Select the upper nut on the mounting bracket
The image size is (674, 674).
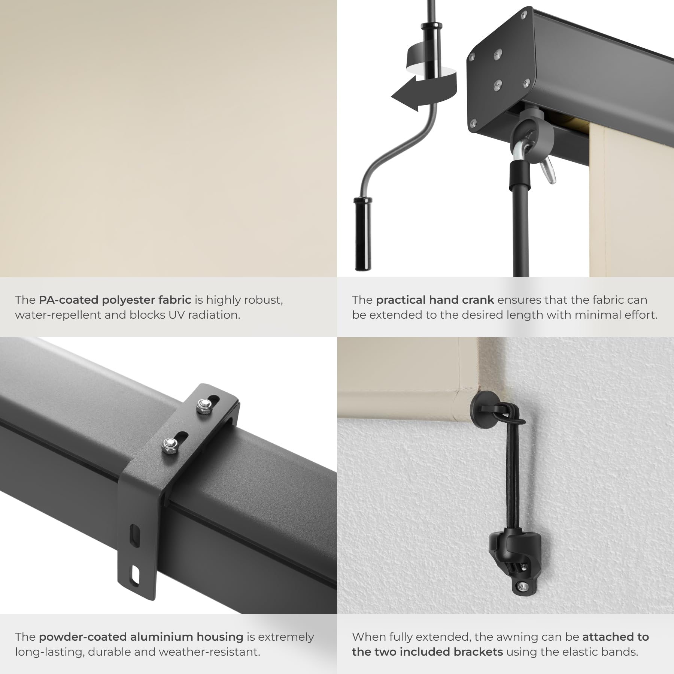[204, 404]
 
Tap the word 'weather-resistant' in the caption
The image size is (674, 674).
[207, 652]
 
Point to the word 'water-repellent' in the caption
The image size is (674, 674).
[58, 315]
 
